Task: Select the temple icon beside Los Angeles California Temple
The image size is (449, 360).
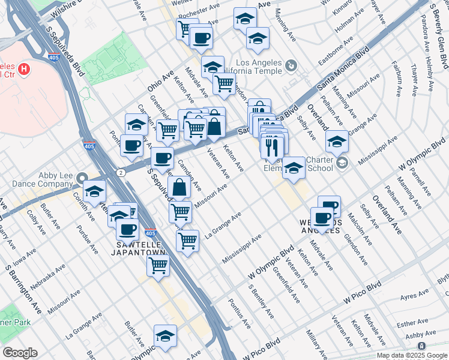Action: click(291, 65)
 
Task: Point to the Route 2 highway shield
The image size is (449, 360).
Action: click(122, 172)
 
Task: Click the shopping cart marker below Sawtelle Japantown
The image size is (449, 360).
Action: click(157, 266)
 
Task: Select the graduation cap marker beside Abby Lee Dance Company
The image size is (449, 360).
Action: click(94, 191)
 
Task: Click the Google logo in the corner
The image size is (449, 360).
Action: click(20, 353)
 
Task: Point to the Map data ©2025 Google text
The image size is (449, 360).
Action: click(411, 355)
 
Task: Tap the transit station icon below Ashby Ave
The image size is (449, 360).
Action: click(422, 347)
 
